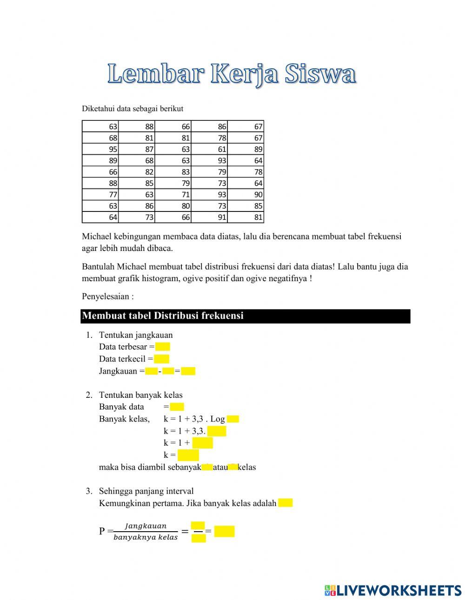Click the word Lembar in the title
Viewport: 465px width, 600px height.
(155, 74)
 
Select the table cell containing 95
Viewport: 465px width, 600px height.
(100, 149)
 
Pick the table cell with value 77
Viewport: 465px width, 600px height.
(100, 195)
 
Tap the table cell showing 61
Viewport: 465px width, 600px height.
(209, 149)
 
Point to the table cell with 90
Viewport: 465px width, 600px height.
(246, 195)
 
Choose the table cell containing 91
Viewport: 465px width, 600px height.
(209, 217)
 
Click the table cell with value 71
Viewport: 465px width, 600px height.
(173, 195)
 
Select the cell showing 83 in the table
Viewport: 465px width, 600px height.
(173, 172)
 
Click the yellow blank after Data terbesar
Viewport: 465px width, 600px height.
(163, 347)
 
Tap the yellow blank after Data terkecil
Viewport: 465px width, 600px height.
(161, 359)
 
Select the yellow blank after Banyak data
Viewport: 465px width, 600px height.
(177, 407)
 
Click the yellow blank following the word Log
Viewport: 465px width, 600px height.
(233, 419)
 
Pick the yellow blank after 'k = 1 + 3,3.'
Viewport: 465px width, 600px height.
(217, 431)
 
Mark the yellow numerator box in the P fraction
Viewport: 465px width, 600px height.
(198, 525)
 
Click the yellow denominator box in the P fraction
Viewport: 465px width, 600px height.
(199, 539)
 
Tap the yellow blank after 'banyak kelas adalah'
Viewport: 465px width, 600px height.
(286, 503)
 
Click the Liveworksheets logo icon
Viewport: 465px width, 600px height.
(330, 591)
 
